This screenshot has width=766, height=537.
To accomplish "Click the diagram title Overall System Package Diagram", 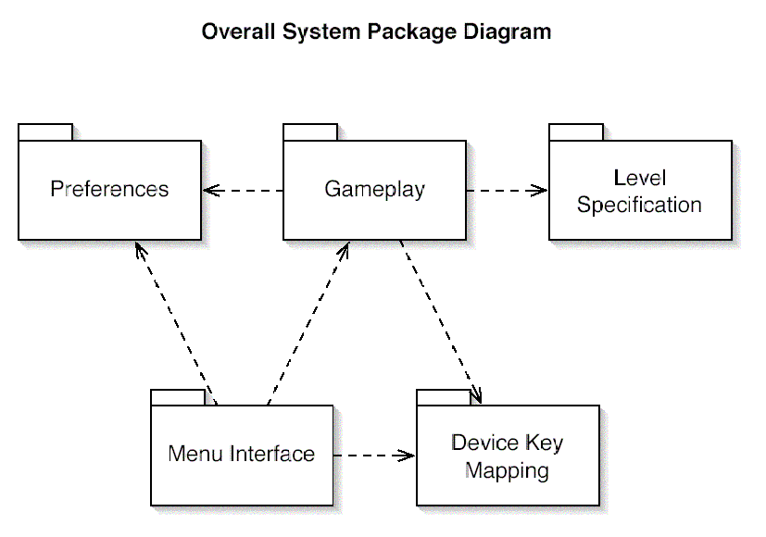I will pyautogui.click(x=376, y=31).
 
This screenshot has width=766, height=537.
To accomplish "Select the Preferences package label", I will pyautogui.click(x=109, y=190).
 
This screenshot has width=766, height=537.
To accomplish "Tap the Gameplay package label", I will pyautogui.click(x=374, y=190).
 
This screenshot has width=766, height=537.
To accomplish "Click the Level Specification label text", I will pyautogui.click(x=639, y=192).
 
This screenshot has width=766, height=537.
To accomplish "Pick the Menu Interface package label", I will pyautogui.click(x=241, y=455).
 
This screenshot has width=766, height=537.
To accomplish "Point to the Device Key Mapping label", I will pyautogui.click(x=507, y=456).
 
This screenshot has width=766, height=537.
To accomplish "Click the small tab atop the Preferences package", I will pyautogui.click(x=45, y=132).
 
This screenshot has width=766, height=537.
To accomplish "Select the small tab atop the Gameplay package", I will pyautogui.click(x=310, y=132).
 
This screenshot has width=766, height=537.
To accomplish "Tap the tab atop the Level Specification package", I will pyautogui.click(x=576, y=132).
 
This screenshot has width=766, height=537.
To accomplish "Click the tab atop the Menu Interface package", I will pyautogui.click(x=178, y=397).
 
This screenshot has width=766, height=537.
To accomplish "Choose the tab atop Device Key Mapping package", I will pyautogui.click(x=444, y=397).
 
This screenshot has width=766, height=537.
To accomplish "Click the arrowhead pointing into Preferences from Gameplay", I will pyautogui.click(x=209, y=191).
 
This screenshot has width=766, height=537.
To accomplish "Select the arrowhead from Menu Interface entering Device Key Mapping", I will pyautogui.click(x=408, y=456).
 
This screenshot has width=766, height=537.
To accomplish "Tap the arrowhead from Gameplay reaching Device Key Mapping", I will pyautogui.click(x=476, y=397).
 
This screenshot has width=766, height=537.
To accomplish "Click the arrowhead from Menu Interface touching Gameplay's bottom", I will pyautogui.click(x=345, y=248).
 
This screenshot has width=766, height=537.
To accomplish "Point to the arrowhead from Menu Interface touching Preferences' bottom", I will pyautogui.click(x=140, y=248).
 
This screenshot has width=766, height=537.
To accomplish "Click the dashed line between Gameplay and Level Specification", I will pyautogui.click(x=505, y=191).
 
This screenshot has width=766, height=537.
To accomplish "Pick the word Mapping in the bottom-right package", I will pyautogui.click(x=507, y=471).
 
